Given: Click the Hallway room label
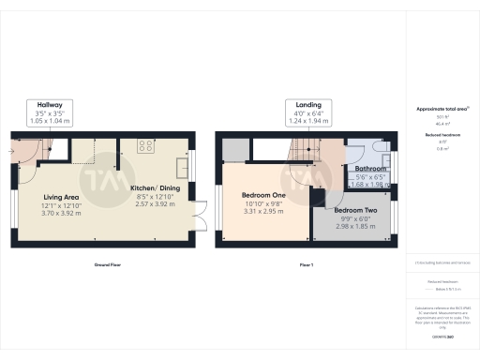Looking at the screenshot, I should (x=50, y=104).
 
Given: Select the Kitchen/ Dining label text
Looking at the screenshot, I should (x=156, y=187).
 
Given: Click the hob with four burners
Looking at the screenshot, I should (x=146, y=145).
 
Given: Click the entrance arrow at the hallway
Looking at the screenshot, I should (x=14, y=147).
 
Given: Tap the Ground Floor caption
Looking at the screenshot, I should (x=107, y=265).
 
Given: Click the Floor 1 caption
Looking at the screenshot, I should (x=306, y=265).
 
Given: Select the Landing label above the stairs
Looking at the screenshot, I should (x=308, y=104).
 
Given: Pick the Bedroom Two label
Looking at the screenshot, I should (x=356, y=210).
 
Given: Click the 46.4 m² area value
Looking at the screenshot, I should (x=441, y=124).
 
